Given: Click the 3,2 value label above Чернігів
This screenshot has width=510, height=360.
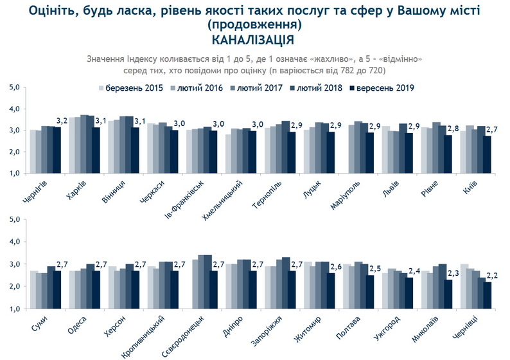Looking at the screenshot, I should [x=62, y=120].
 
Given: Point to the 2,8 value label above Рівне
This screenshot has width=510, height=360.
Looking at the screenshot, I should [x=452, y=129].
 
